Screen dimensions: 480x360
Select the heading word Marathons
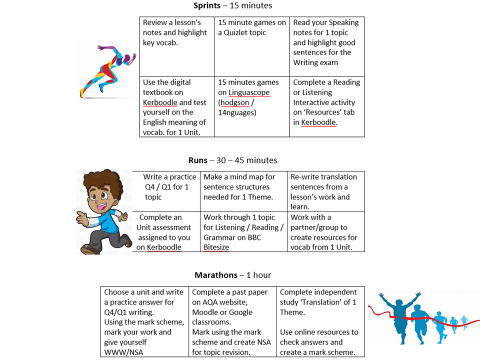coord(203,274)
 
